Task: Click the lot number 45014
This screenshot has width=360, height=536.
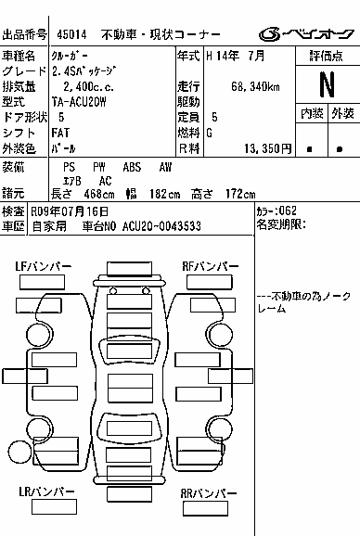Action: tap(71, 34)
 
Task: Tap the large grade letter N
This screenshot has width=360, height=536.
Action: tap(328, 84)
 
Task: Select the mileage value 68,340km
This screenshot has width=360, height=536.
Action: tap(255, 86)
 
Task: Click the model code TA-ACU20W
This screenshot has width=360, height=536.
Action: tap(79, 102)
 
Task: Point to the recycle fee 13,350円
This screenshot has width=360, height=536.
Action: tap(268, 148)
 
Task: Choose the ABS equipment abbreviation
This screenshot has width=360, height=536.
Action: tap(132, 167)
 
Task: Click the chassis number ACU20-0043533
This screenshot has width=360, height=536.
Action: tap(161, 226)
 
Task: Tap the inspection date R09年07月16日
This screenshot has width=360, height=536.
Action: tap(70, 211)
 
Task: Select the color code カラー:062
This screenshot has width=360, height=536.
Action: tap(276, 211)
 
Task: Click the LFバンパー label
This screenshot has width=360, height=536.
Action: tap(44, 266)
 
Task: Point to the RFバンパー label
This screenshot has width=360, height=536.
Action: tap(211, 266)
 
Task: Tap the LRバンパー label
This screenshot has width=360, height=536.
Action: tap(46, 491)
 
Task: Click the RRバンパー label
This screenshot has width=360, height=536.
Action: tap(209, 493)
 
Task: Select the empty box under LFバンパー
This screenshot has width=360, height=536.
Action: tap(42, 282)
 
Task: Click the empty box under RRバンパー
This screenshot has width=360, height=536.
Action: tap(205, 508)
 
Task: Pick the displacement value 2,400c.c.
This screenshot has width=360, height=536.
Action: tap(88, 86)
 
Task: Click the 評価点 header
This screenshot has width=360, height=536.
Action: tap(327, 56)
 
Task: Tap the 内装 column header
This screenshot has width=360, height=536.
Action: tap(312, 113)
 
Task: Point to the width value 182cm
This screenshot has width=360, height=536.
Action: tap(165, 194)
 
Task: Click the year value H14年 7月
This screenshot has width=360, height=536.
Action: tap(236, 56)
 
